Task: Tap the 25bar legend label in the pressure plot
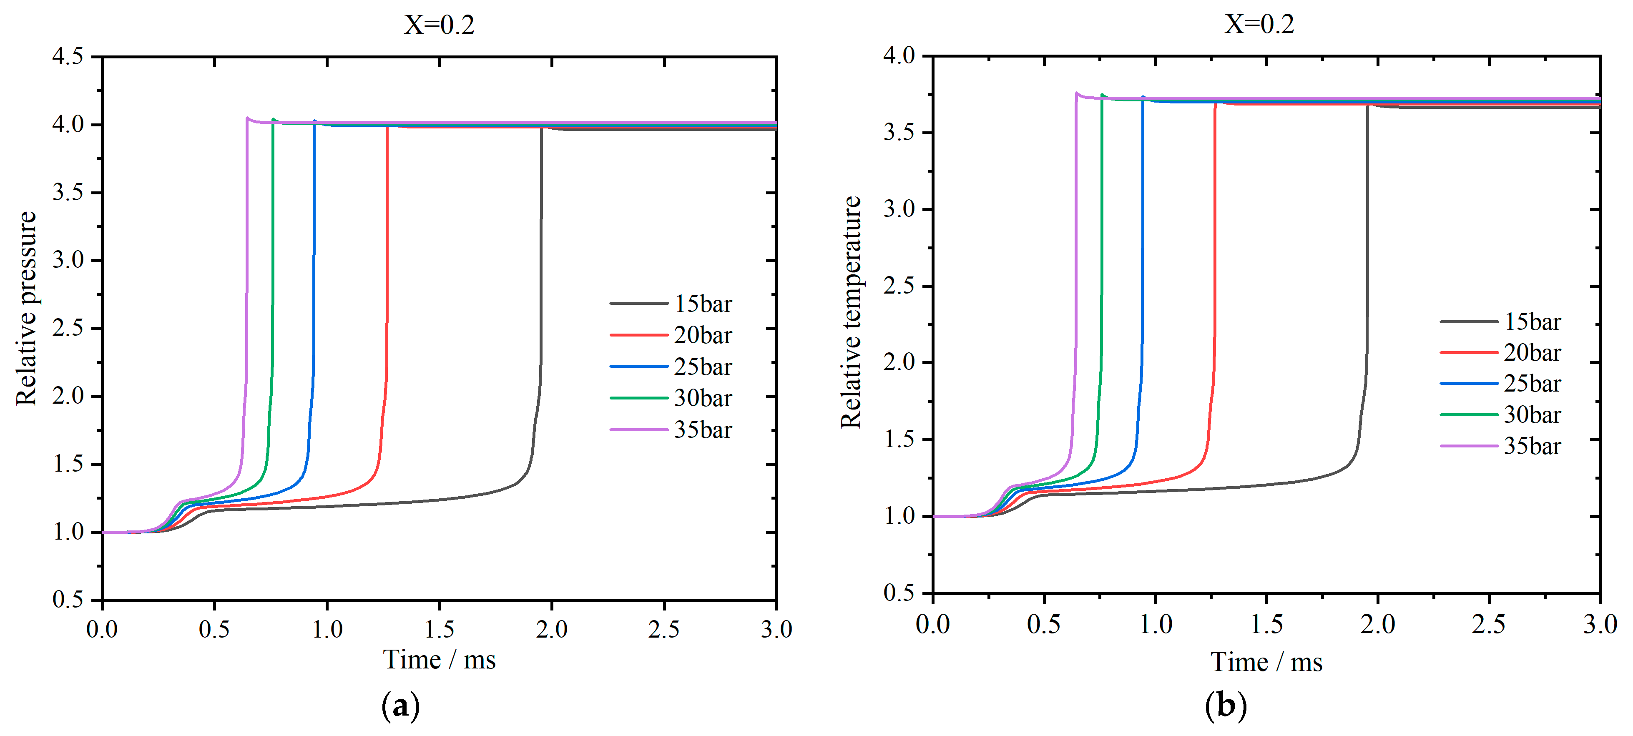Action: tap(702, 367)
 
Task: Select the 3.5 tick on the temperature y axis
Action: tap(899, 133)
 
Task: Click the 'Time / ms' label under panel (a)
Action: tap(439, 660)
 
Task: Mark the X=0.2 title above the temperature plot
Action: tap(1259, 24)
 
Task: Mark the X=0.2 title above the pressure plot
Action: tap(439, 25)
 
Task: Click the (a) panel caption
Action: tap(401, 706)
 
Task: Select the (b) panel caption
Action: tap(1226, 706)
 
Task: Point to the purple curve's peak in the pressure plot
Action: tap(247, 118)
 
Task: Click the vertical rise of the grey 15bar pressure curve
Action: tap(541, 254)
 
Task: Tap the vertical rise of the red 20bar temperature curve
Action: tap(1215, 254)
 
